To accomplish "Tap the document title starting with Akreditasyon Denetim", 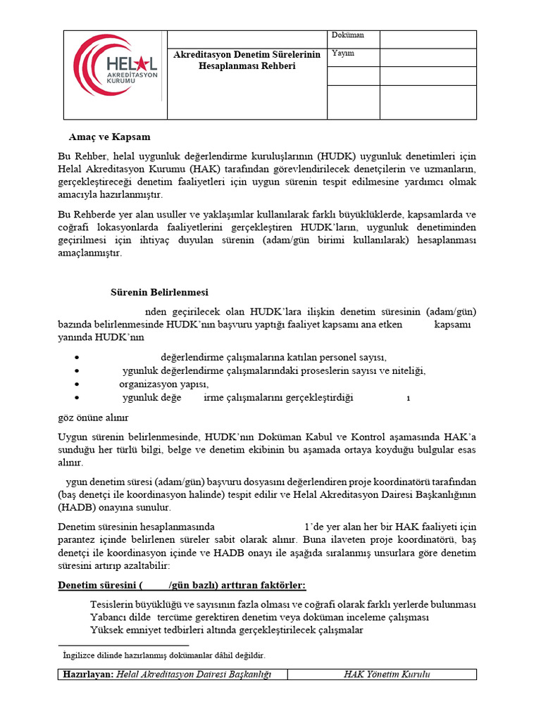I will coord(247,60).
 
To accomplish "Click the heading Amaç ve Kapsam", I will coord(109,136).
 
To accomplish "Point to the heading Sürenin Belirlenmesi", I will coord(159,292).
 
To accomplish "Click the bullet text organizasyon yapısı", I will coord(163,384).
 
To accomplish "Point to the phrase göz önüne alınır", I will coord(93,417).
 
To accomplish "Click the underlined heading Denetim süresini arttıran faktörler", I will coord(181,586).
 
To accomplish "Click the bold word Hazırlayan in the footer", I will coord(87,675).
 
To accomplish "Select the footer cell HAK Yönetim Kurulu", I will coord(387,675).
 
